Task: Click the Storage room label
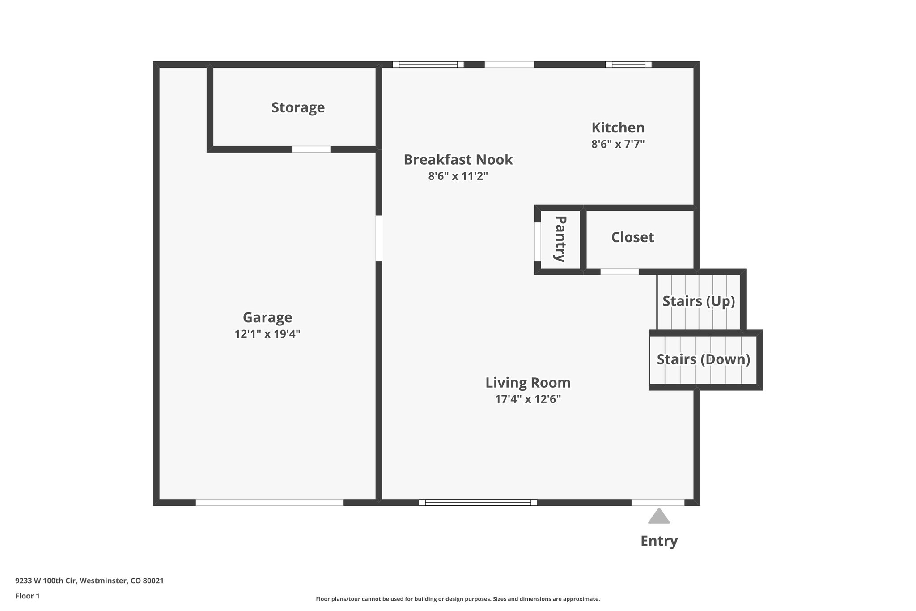tap(298, 107)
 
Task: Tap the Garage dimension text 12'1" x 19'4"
tap(267, 334)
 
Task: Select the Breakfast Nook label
tap(458, 160)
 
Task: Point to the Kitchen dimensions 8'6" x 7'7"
tap(618, 144)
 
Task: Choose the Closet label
tap(632, 237)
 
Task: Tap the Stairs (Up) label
tap(699, 301)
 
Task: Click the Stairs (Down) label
tap(703, 359)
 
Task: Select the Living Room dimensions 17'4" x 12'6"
tap(528, 399)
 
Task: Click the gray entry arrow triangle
tap(659, 517)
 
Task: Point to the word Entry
tap(659, 541)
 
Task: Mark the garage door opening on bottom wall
tap(269, 503)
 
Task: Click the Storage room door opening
tap(311, 149)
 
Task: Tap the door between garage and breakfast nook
tap(379, 239)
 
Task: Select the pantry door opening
tap(538, 241)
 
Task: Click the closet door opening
tap(619, 272)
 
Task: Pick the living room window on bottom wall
tap(478, 503)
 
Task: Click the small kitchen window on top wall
tap(628, 64)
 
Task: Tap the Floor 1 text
tap(27, 596)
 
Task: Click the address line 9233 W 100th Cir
tap(89, 581)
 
